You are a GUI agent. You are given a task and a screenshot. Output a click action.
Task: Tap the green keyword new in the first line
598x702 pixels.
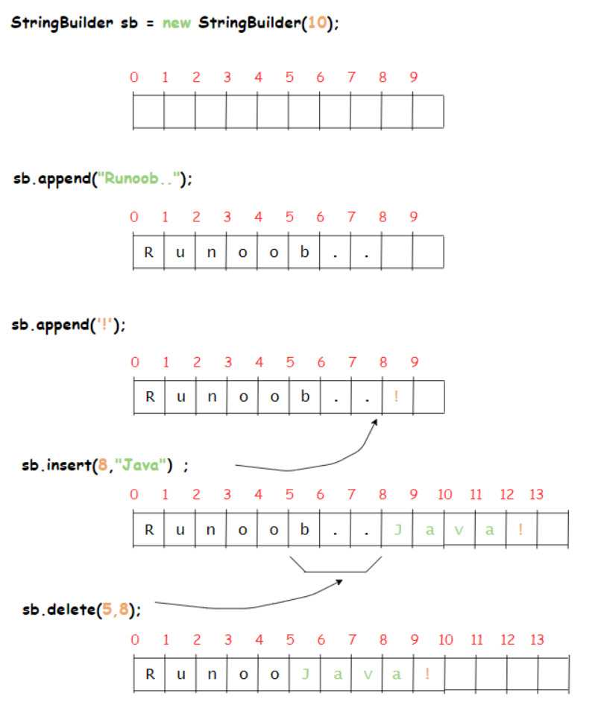(178, 22)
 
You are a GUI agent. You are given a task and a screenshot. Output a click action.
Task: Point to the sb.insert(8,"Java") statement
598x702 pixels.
(105, 467)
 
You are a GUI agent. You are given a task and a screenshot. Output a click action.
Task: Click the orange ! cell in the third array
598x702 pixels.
(396, 396)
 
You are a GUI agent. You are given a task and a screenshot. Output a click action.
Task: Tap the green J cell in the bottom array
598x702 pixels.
(304, 674)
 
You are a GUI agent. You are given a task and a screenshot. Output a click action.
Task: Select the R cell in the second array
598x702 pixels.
(148, 252)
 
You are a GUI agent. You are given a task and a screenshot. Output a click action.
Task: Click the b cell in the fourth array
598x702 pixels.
(304, 530)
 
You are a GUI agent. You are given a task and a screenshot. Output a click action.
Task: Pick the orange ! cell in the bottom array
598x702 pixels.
(427, 674)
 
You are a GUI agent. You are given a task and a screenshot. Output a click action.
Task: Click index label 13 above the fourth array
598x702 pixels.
(537, 494)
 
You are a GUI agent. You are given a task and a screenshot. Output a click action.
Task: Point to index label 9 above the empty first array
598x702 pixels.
(413, 77)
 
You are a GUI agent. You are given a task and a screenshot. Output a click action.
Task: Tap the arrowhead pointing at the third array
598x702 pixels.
(375, 423)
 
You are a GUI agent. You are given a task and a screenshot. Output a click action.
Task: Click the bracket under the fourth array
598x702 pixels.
(336, 570)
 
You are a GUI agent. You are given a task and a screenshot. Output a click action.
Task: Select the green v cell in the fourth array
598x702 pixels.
(459, 530)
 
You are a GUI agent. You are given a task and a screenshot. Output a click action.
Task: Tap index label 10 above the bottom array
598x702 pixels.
(446, 639)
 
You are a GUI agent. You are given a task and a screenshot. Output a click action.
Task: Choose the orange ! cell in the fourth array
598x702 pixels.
(520, 530)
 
